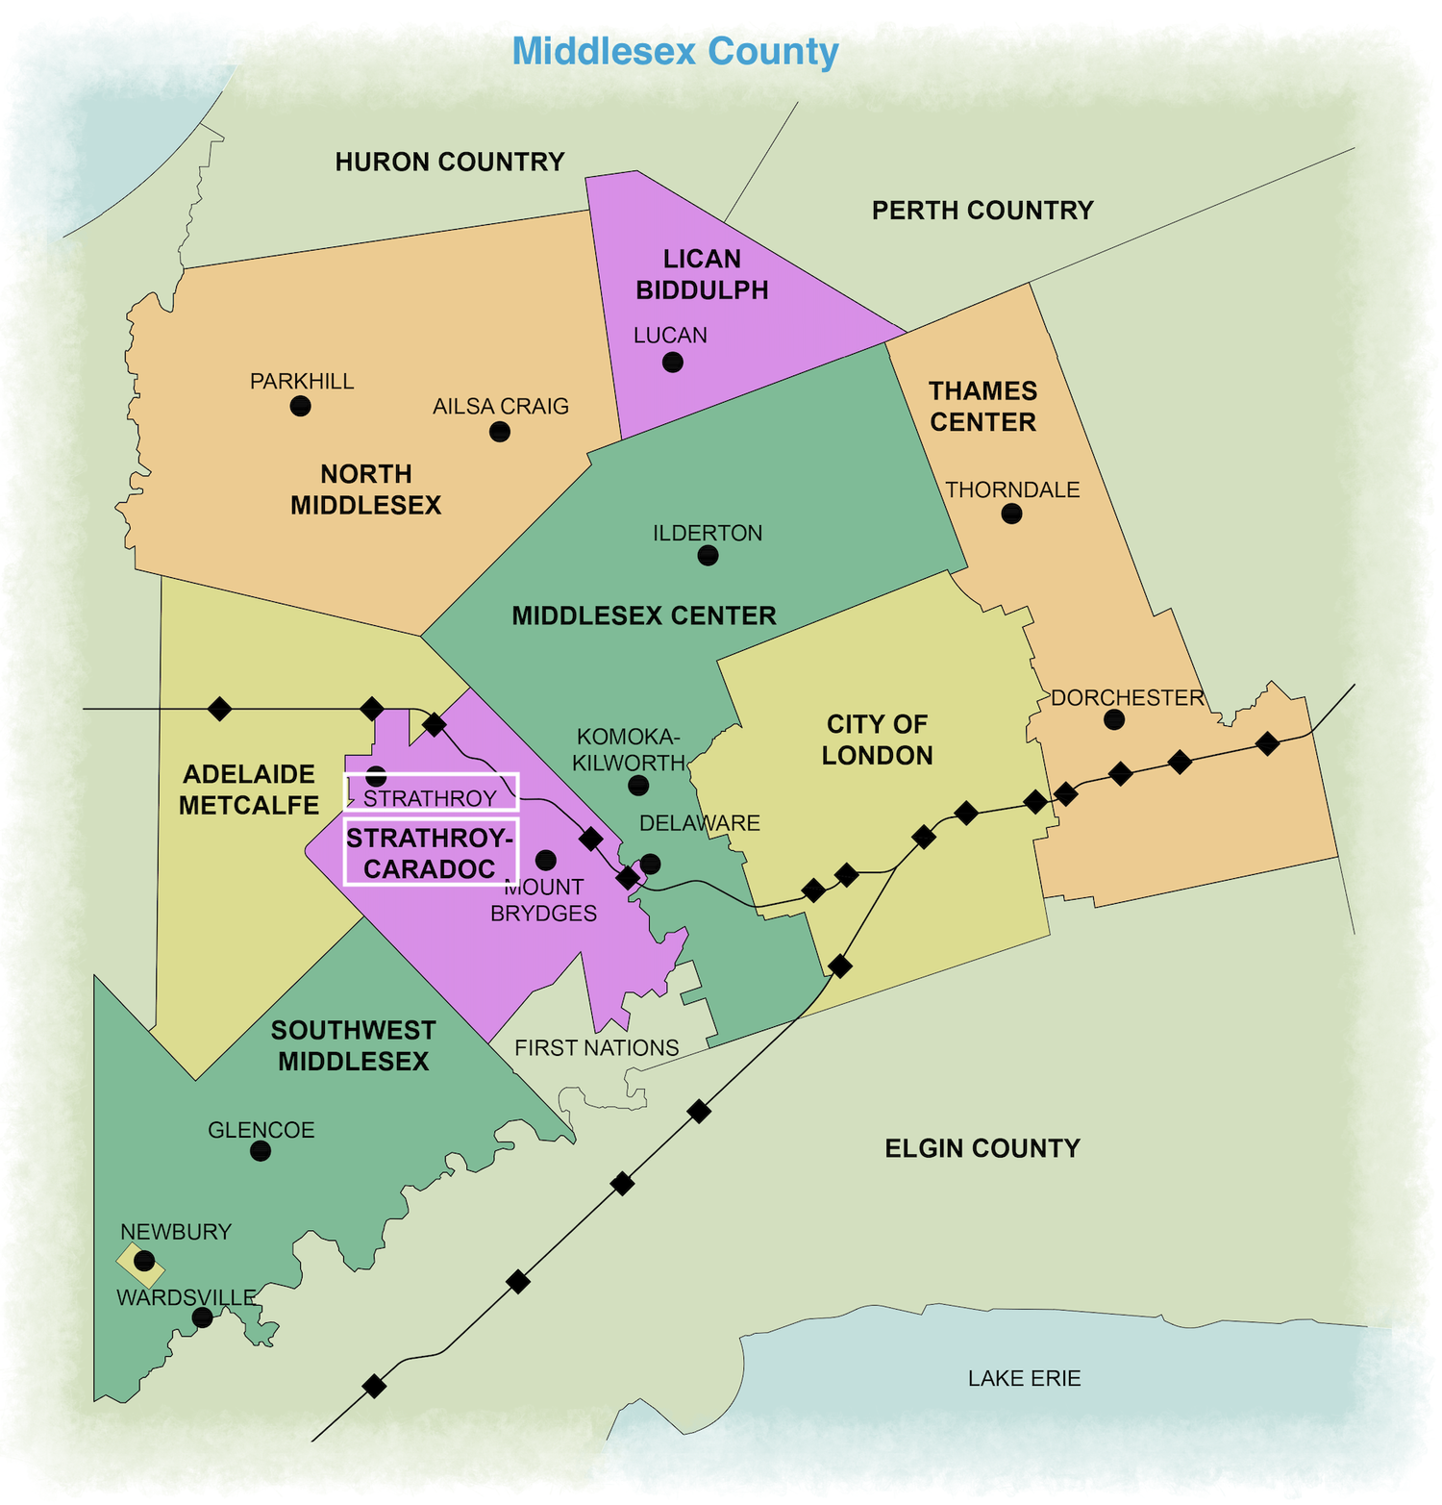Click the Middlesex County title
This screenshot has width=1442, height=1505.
pos(675,51)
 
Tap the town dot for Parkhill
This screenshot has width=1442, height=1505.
pos(300,406)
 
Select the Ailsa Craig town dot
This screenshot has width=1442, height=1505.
pos(500,432)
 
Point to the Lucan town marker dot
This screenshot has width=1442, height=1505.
pos(673,362)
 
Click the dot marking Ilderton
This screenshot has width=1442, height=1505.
pos(708,555)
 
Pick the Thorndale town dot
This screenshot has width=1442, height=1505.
pos(1011,514)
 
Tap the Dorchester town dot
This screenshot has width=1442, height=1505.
pos(1114,718)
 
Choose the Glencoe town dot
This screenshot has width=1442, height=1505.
pos(261,1151)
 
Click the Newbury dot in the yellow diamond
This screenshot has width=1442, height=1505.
pos(144,1260)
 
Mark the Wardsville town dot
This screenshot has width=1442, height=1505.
pos(203,1317)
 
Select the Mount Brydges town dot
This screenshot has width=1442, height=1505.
pos(546,859)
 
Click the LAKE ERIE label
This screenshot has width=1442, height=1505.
pos(1024,1378)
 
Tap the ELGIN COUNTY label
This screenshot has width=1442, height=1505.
pos(982,1148)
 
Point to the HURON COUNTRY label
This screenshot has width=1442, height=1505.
pos(449,162)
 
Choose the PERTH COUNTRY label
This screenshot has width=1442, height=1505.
pos(982,211)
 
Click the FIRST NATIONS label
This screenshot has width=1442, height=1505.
pos(596,1047)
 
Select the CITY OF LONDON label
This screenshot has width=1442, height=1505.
pos(877,740)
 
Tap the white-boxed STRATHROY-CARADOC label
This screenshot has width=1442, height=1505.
pos(430,853)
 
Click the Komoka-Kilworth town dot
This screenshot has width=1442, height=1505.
pos(638,786)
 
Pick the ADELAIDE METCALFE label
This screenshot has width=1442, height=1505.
pos(249,790)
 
